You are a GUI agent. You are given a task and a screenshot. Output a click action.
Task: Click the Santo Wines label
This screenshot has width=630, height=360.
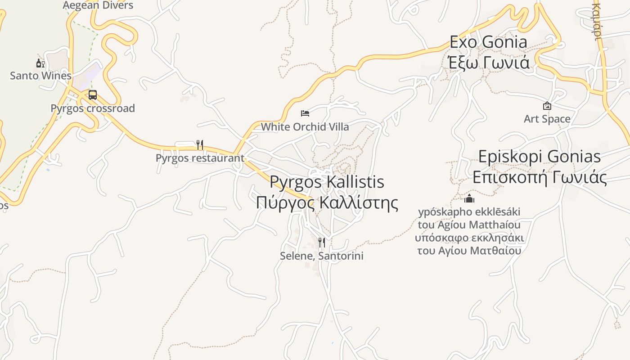pos(40,76)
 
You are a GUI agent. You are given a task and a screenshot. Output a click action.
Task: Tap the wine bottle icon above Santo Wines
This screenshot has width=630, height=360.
pos(40,63)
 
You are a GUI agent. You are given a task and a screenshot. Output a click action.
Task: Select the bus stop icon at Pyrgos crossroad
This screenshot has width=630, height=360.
pos(93,95)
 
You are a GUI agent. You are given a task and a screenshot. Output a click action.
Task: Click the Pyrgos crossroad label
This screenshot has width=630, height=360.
pos(92,108)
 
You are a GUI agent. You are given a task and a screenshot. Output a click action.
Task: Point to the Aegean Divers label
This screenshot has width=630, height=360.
pos(98,5)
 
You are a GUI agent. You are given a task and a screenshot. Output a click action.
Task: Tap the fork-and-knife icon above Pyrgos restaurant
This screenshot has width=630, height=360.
pos(200,145)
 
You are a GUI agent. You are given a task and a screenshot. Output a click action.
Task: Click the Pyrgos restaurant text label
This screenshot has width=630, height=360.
pos(200,158)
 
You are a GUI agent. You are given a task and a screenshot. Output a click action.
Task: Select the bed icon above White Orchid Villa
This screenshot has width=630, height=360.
pos(305,113)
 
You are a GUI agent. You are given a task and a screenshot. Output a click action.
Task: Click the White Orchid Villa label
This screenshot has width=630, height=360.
pos(305,127)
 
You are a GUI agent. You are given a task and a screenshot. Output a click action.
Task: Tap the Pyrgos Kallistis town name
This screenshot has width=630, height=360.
pos(327,182)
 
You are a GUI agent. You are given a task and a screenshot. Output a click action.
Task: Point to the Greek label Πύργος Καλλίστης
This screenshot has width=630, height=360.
pos(327,202)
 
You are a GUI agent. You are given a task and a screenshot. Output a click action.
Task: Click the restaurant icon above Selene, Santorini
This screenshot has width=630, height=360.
pos(321,243)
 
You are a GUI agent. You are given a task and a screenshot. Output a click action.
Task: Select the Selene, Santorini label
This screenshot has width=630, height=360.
pos(321,256)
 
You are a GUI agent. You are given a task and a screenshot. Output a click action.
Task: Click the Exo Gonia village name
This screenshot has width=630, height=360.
pos(488,42)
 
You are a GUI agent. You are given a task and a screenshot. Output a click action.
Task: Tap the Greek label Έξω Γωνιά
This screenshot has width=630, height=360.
pos(489,62)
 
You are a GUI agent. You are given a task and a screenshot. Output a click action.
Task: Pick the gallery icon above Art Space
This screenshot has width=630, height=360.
pos(547,106)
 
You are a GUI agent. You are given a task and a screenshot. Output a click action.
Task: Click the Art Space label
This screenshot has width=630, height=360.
pos(547,119)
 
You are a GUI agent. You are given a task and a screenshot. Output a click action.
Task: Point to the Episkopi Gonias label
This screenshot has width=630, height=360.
pos(539,157)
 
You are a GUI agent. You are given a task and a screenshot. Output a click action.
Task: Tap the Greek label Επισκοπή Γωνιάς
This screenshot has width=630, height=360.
pos(539,177)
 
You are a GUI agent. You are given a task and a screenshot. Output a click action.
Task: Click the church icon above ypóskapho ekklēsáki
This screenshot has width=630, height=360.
pos(469,198)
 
